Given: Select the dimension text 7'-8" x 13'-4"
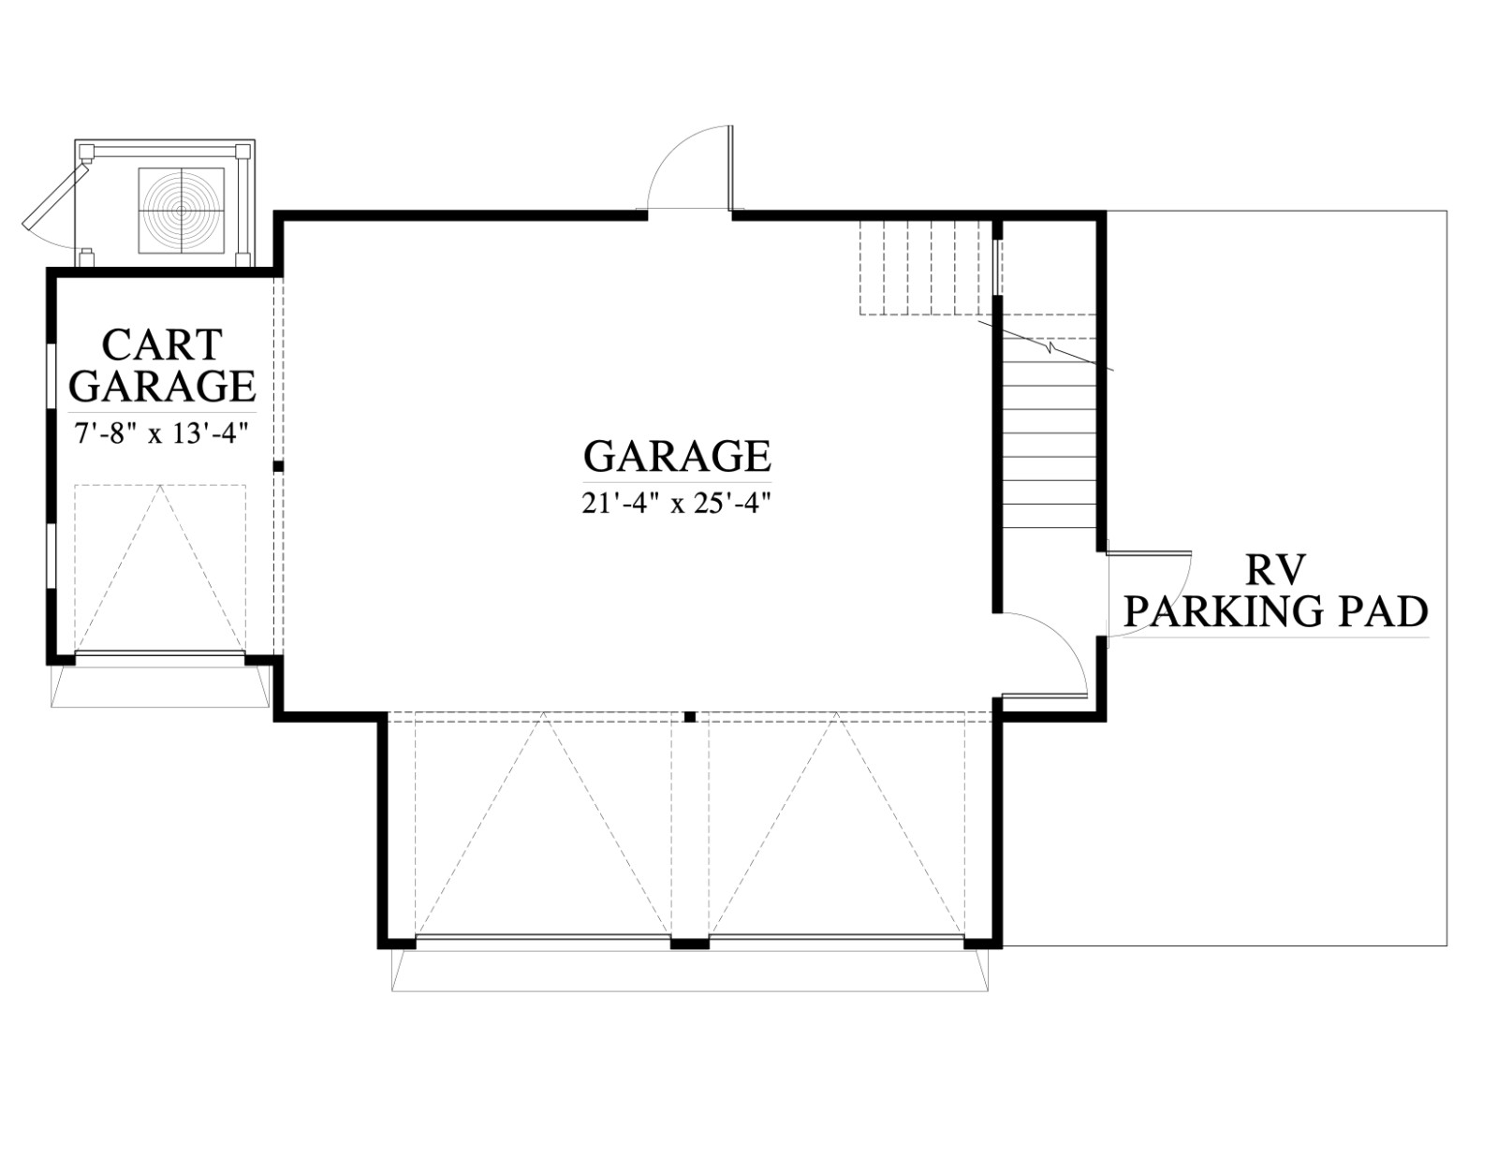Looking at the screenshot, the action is click(x=161, y=435).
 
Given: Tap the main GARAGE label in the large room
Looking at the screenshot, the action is click(x=677, y=456).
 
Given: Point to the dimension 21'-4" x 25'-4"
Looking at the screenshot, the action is click(x=676, y=504).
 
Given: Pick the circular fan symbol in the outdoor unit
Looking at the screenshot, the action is click(x=182, y=210).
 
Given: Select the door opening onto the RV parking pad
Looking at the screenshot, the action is click(x=1148, y=593).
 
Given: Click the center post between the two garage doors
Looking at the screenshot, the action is click(x=689, y=944).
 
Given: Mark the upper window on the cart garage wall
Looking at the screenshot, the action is click(x=51, y=375).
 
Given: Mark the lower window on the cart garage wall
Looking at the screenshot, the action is click(x=51, y=557).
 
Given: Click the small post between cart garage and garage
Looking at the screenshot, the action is click(x=278, y=466).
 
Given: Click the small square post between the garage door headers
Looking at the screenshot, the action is click(x=689, y=717).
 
